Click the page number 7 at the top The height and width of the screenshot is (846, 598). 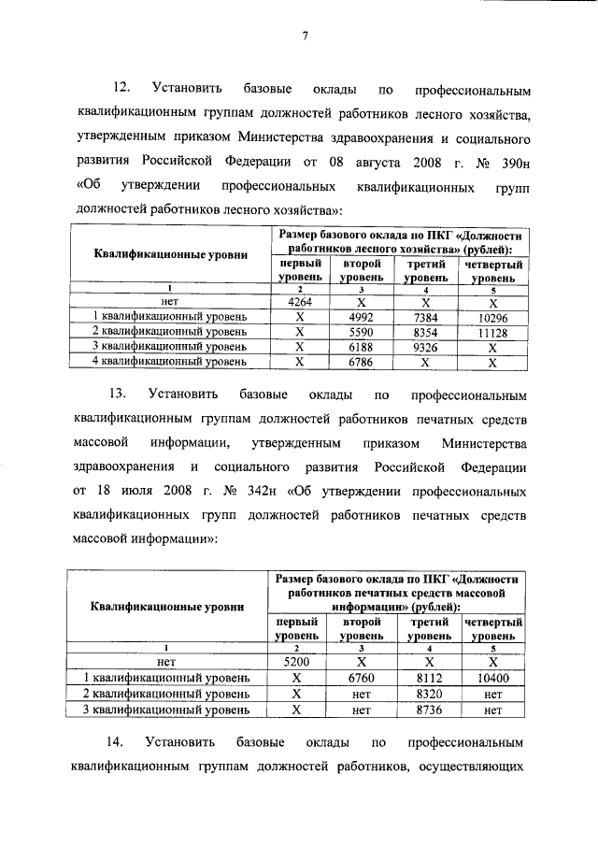coord(305,37)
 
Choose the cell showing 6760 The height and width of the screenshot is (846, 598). coord(360,678)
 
